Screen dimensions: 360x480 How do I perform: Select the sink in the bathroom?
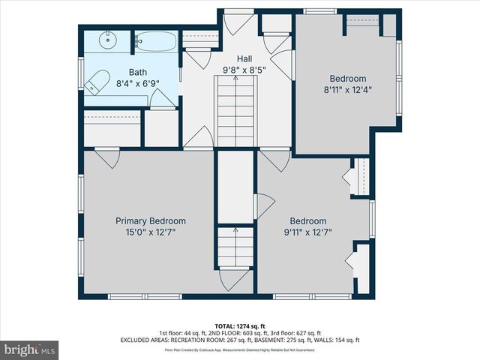pos(106,39)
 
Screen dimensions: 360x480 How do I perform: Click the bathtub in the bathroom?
pos(155,40)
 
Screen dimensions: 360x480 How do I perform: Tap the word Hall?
pos(244,58)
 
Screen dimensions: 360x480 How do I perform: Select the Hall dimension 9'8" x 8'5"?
pos(244,70)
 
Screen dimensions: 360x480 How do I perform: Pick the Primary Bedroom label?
pos(150,221)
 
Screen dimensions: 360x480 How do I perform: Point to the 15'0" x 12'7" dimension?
pos(150,232)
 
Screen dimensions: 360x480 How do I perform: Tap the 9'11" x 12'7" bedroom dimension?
pos(308,232)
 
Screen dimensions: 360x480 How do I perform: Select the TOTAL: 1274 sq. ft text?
pos(239,326)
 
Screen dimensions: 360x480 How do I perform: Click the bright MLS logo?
pos(30,349)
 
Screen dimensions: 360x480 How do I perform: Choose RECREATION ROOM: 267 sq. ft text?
pos(201,340)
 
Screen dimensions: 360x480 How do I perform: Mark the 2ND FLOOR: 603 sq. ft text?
pos(229,333)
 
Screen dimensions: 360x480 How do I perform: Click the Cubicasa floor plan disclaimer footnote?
pos(239,349)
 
